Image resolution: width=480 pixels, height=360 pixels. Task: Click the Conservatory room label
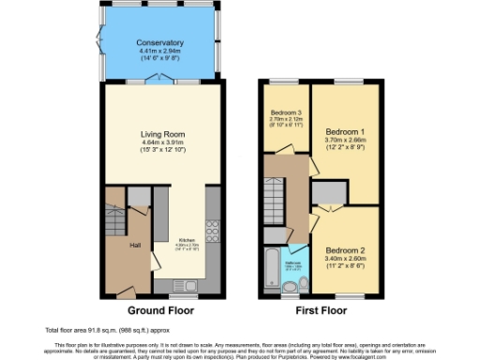pyautogui.click(x=159, y=43)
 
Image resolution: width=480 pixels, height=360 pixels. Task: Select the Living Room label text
pyautogui.click(x=159, y=134)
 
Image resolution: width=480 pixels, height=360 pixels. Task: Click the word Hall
pyautogui.click(x=135, y=246)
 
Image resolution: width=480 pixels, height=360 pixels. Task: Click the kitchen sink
pyautogui.click(x=190, y=285)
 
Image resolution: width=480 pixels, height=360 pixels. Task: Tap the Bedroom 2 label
pyautogui.click(x=346, y=251)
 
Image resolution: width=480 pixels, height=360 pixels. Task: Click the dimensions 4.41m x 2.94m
pyautogui.click(x=159, y=52)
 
